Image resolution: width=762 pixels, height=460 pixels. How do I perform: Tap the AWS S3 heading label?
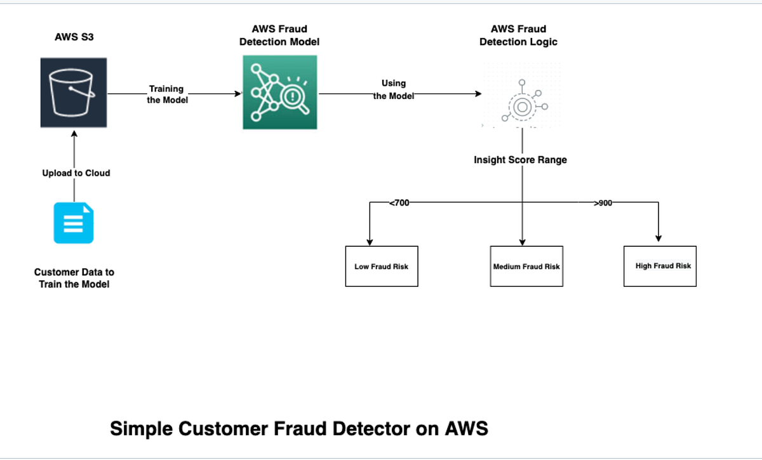(x=74, y=37)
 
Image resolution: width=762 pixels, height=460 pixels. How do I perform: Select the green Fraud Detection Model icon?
(x=279, y=92)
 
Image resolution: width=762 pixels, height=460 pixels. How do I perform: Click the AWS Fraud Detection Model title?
(x=279, y=36)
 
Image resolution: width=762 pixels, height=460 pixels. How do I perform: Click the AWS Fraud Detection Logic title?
(x=518, y=36)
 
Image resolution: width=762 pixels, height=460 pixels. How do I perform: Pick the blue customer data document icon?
(x=74, y=223)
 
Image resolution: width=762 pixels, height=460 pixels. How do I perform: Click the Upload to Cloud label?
(x=76, y=173)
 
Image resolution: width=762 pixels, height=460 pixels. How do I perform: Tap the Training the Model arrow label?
(x=167, y=95)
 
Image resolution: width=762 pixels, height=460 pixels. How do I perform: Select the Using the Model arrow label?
(x=394, y=89)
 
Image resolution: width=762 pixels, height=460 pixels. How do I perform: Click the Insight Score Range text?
(x=520, y=160)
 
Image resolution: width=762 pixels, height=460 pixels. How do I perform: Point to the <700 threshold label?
(x=399, y=203)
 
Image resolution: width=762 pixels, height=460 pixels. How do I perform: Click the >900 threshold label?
(x=603, y=203)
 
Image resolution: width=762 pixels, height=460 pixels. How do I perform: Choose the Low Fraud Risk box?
(x=382, y=266)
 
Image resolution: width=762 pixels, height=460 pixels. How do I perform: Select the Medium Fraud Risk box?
(x=526, y=266)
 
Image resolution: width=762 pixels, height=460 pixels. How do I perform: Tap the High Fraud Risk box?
(x=660, y=266)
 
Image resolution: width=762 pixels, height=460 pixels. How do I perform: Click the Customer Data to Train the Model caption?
(x=74, y=278)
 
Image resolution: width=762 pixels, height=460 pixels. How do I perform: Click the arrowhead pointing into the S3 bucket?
(x=74, y=134)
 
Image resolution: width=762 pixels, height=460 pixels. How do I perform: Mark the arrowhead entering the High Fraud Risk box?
(x=658, y=239)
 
